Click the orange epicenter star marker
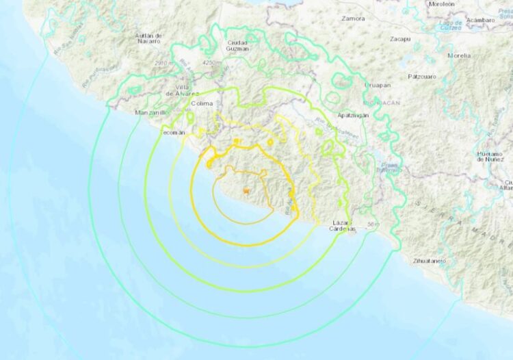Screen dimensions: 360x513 point(246,189)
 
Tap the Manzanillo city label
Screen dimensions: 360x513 point(152,112)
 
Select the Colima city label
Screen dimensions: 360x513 point(201,104)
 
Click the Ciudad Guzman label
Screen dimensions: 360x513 point(237,46)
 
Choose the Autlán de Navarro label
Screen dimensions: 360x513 point(148,38)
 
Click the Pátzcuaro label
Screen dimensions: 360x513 point(422,77)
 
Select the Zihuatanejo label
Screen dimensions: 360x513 point(430,261)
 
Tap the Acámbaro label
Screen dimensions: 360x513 point(479,20)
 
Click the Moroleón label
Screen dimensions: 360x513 point(440,4)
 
